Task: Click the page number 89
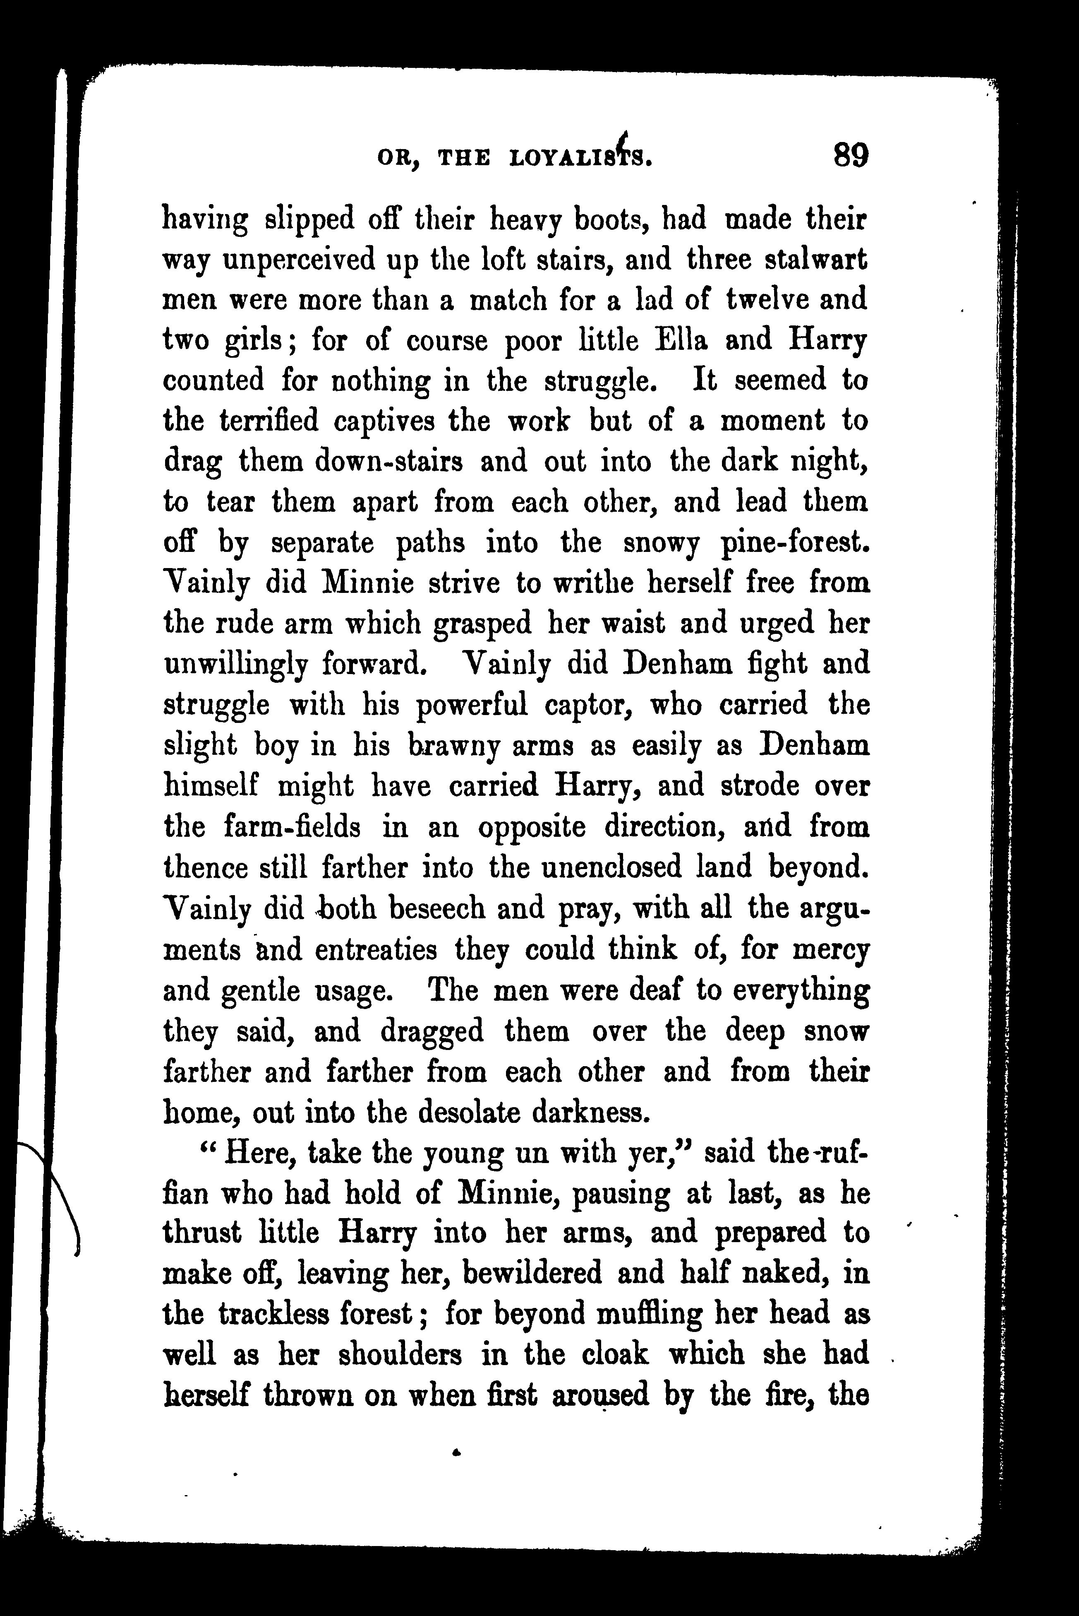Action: [851, 156]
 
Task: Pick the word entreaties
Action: [376, 949]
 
